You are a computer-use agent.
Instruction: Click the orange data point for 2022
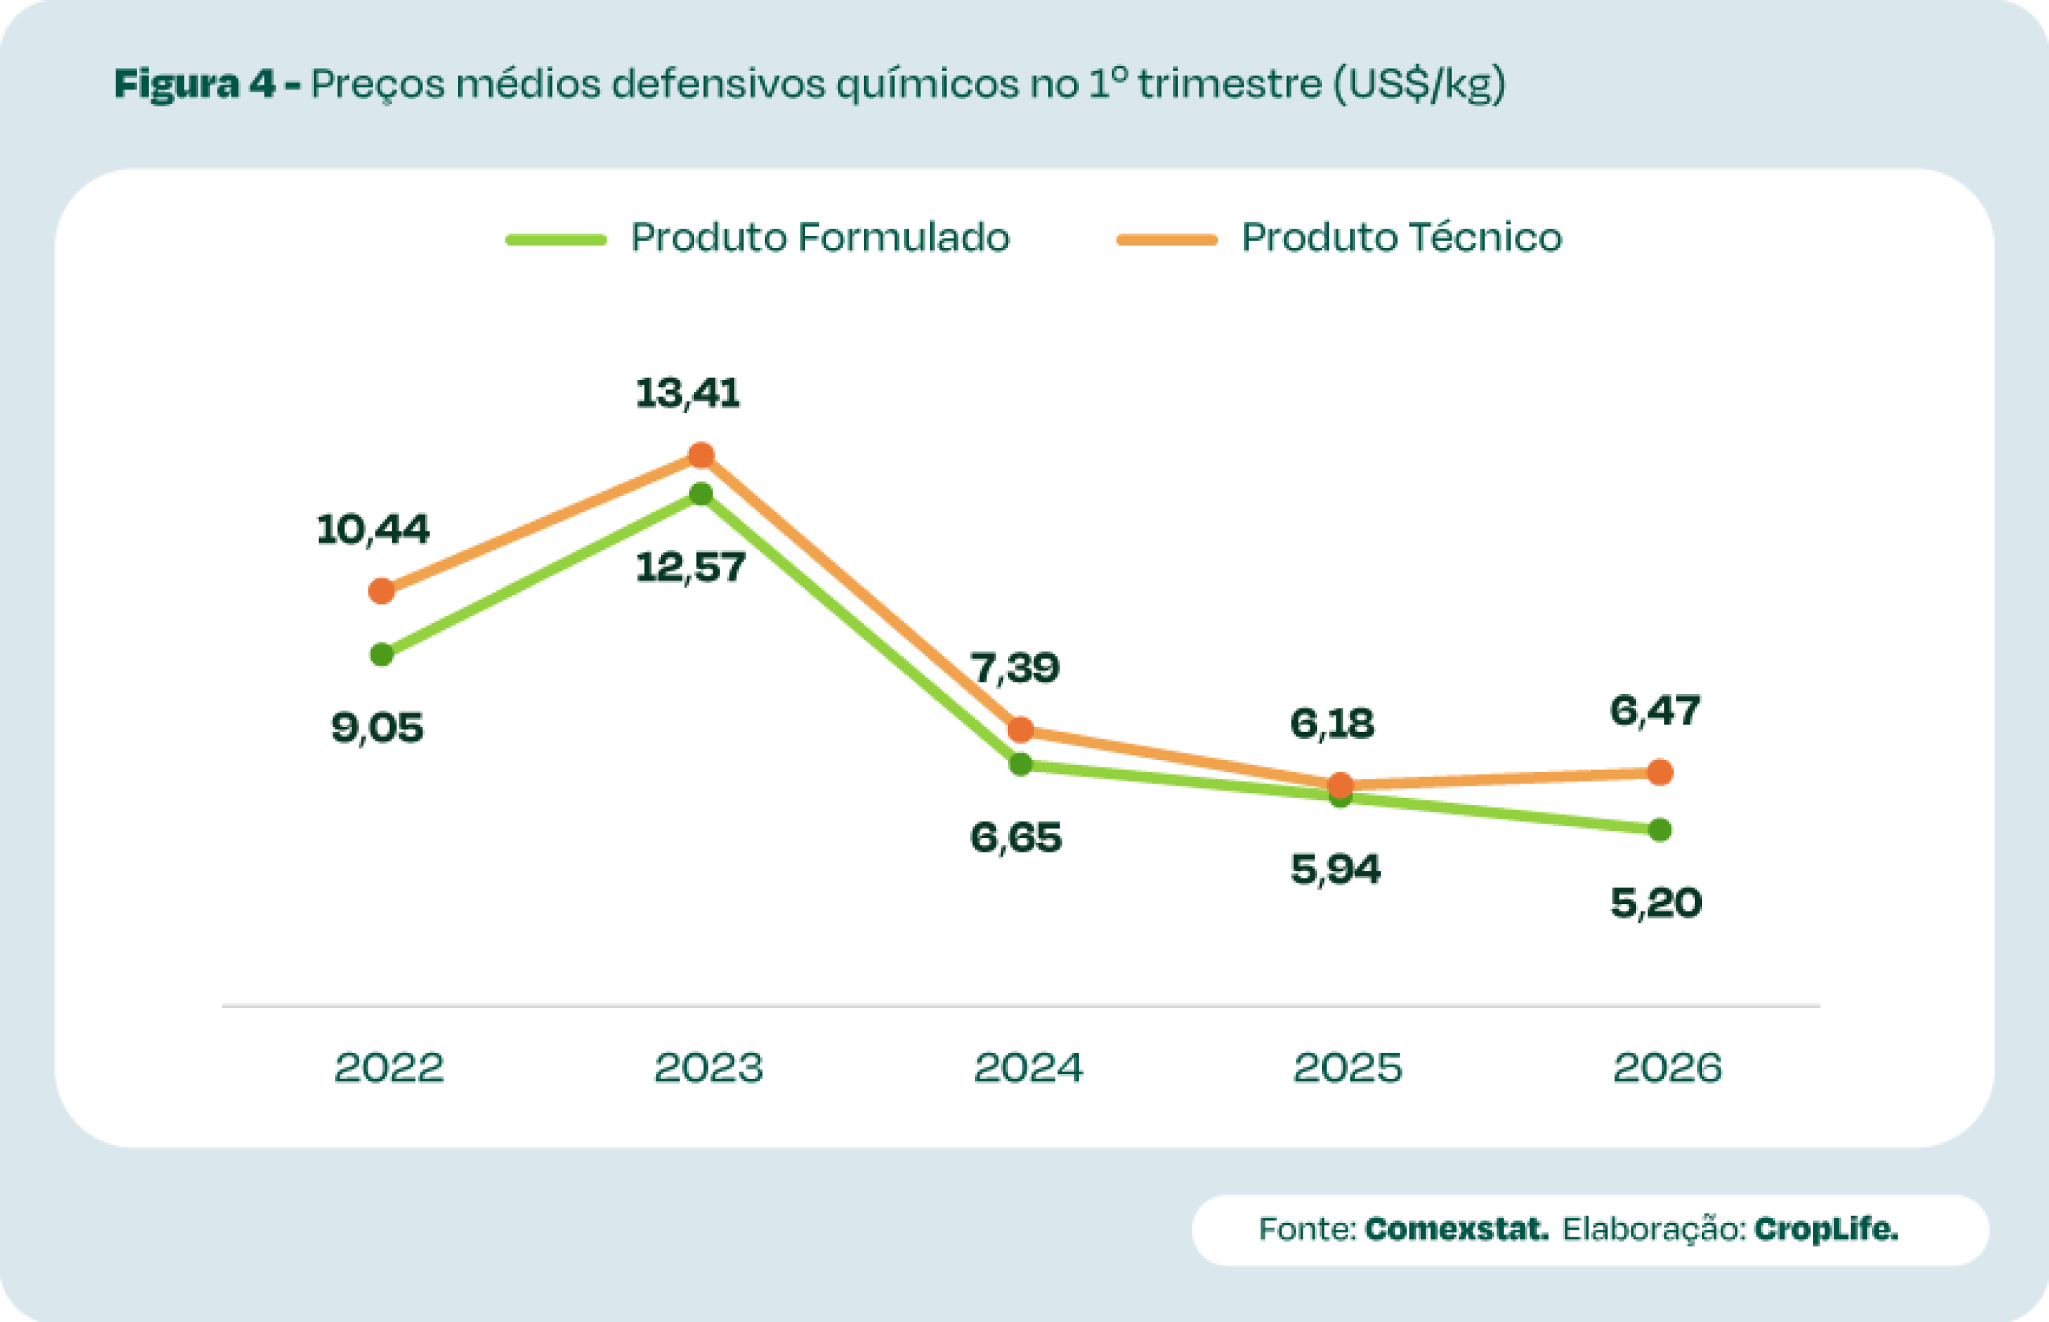[381, 591]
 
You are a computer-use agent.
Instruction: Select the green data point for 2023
[702, 494]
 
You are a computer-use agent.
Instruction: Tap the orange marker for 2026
[1660, 772]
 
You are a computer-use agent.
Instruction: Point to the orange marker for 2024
[1020, 730]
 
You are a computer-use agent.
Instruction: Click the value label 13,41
[688, 394]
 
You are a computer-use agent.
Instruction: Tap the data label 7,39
[1015, 668]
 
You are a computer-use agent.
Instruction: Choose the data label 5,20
[1656, 904]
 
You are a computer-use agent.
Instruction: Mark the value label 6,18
[1332, 724]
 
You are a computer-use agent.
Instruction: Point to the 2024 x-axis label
[1029, 1068]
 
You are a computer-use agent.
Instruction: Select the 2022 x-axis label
[389, 1068]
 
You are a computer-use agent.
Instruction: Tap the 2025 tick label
[1347, 1068]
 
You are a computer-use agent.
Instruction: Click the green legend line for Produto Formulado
[556, 240]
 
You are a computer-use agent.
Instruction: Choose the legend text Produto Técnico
[1402, 238]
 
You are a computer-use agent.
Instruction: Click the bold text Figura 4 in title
[195, 84]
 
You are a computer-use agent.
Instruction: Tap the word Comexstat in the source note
[1457, 1228]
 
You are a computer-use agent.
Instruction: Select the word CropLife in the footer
[1826, 1228]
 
